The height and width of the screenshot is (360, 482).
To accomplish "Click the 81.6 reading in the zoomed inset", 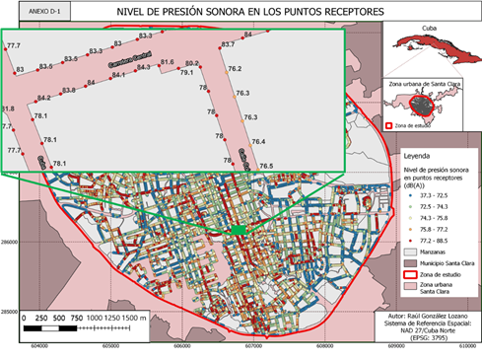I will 167,62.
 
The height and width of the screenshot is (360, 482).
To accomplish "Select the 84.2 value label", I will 43,98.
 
